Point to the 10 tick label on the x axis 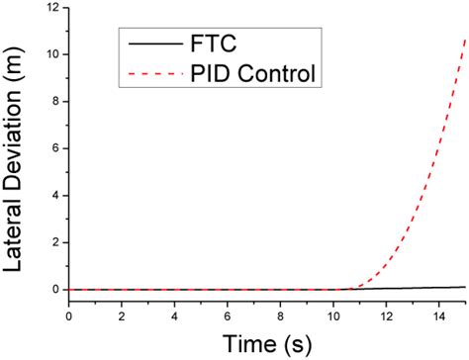tap(333, 315)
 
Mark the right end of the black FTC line tap(465, 287)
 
